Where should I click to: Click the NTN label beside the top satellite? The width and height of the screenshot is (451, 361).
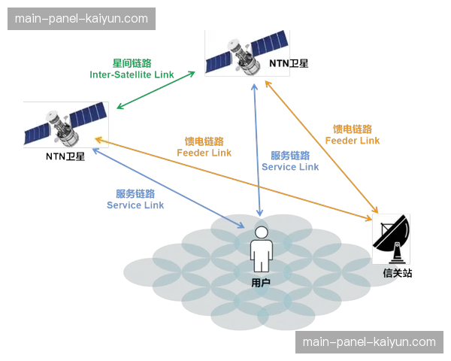click(x=282, y=63)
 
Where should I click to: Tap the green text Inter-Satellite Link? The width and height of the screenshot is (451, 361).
click(x=132, y=74)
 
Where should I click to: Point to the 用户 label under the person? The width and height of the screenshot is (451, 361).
click(x=260, y=281)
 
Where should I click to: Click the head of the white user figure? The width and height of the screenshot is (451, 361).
click(x=260, y=232)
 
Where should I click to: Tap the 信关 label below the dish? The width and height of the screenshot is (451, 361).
click(x=392, y=275)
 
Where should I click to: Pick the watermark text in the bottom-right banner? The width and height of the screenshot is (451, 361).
click(x=369, y=342)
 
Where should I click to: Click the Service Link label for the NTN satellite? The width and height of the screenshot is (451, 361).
click(x=289, y=167)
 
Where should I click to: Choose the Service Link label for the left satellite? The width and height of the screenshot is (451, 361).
click(x=136, y=205)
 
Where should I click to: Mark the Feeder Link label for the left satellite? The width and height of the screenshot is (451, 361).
click(x=204, y=152)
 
